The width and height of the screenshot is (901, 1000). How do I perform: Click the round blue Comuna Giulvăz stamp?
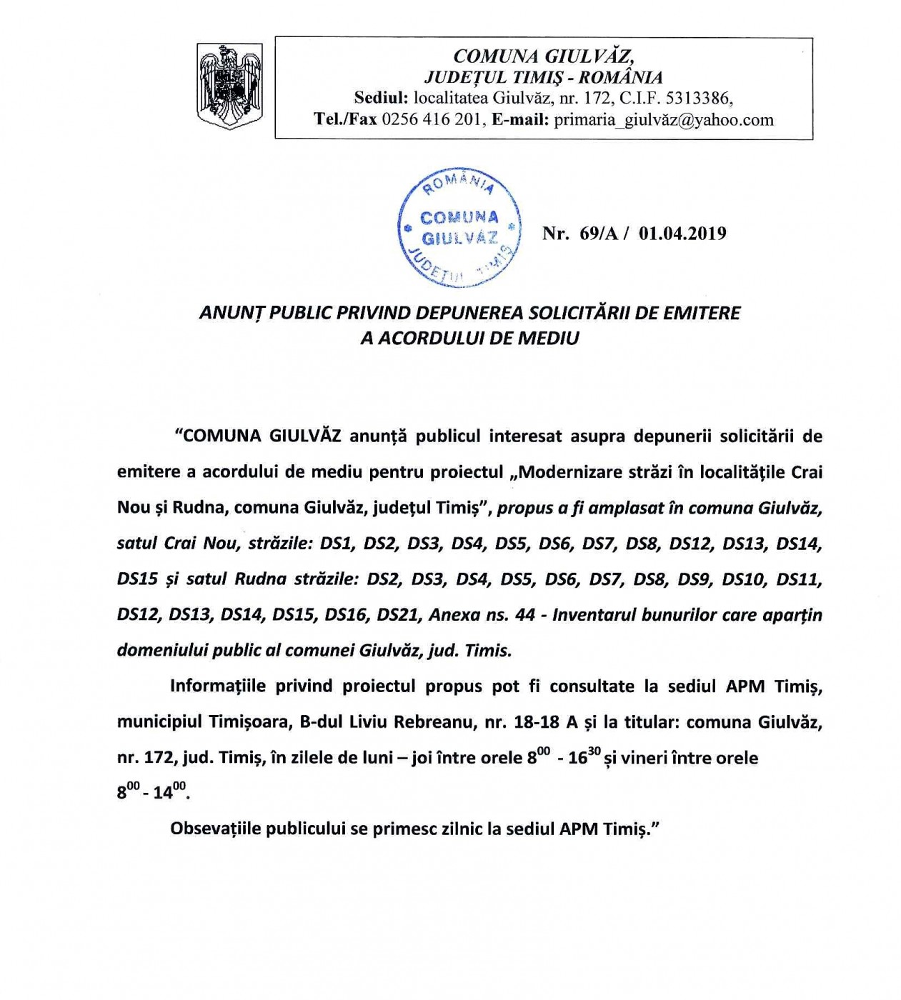click(458, 228)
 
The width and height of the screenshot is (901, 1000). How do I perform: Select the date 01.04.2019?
click(683, 234)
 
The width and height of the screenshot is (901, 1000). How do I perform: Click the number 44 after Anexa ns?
click(525, 615)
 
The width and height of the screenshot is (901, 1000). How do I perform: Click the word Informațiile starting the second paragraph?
click(218, 686)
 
